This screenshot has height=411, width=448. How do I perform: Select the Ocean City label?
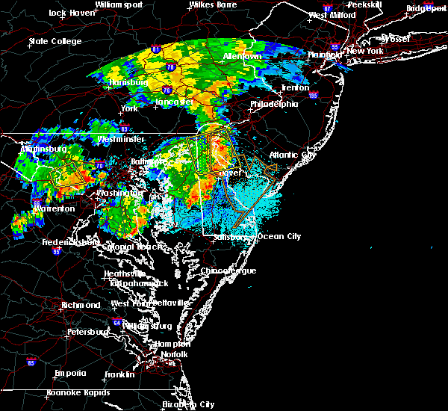279,237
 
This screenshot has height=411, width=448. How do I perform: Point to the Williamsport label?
118,4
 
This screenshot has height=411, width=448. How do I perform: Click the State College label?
55,41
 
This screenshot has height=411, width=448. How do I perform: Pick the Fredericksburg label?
71,242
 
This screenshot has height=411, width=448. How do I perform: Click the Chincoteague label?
229,271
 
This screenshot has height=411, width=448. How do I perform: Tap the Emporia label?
72,374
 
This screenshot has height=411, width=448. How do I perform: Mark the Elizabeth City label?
188,404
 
